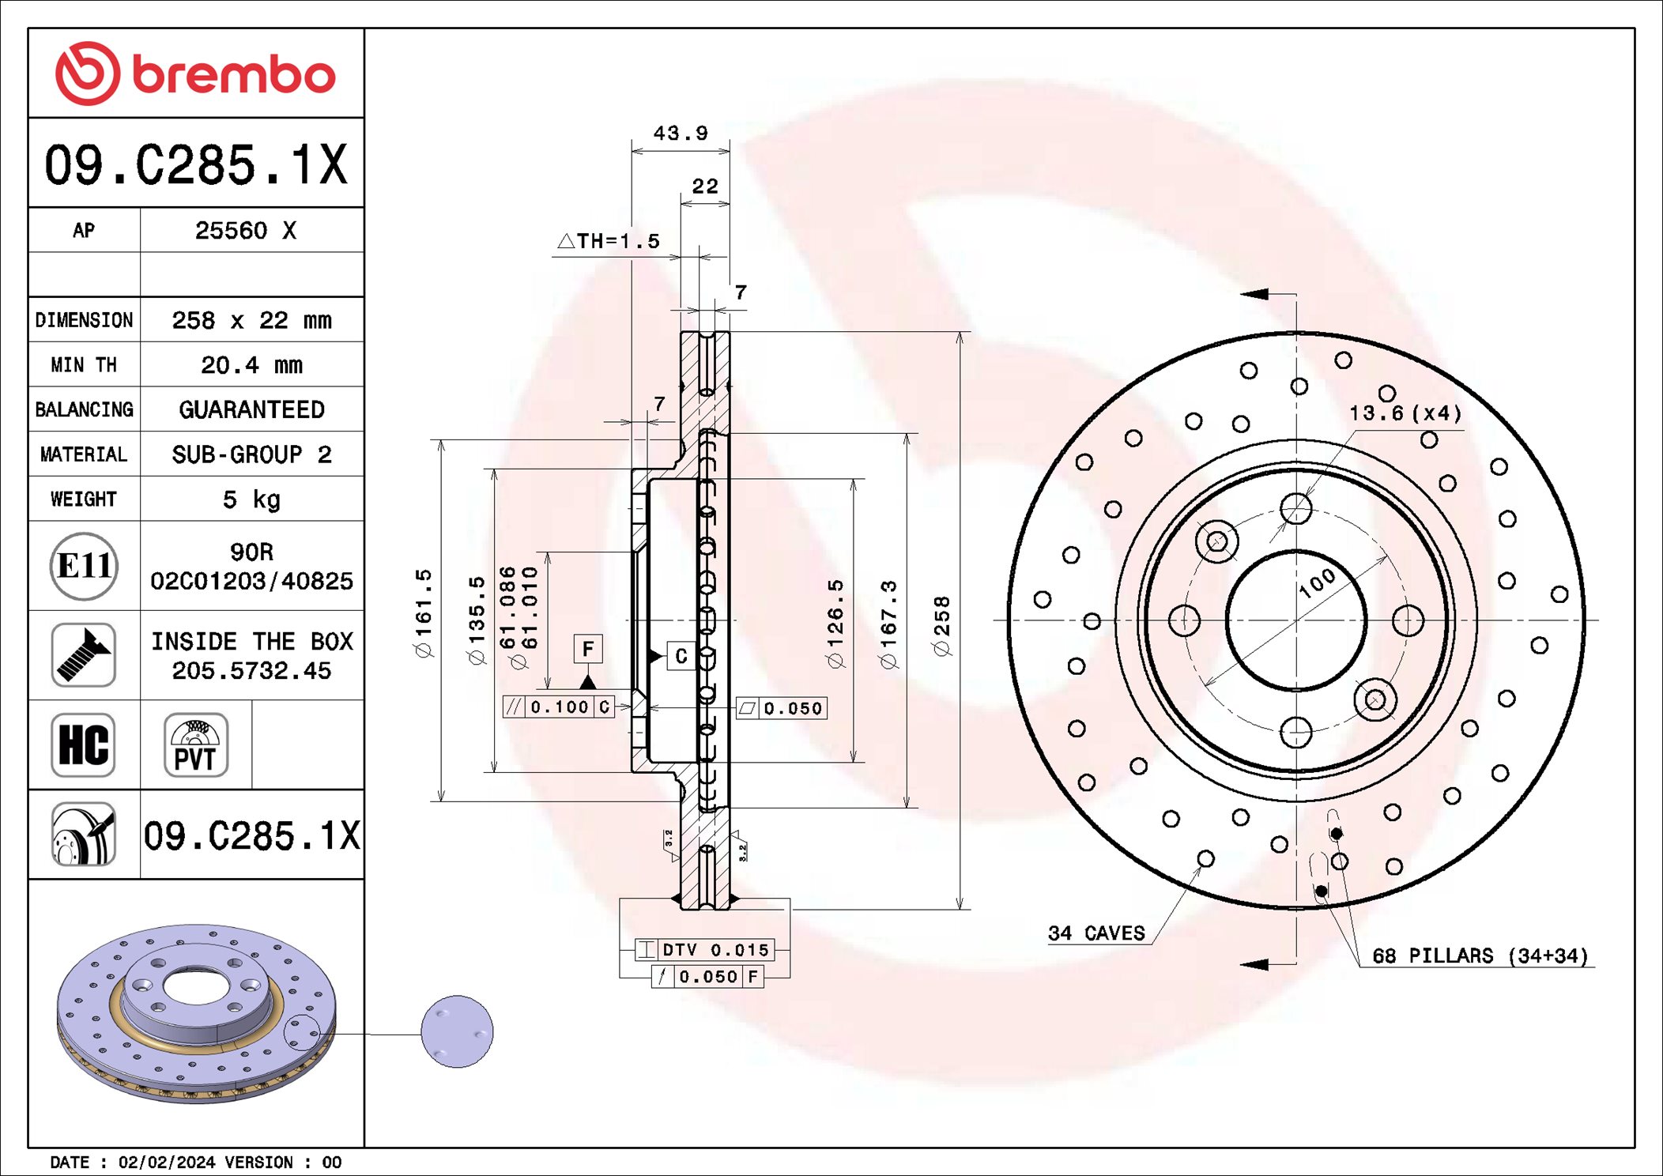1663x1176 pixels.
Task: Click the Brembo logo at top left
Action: click(x=195, y=73)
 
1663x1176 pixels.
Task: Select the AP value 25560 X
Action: click(x=245, y=231)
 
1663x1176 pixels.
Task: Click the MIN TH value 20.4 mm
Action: click(x=251, y=365)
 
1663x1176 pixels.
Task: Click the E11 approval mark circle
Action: click(x=84, y=566)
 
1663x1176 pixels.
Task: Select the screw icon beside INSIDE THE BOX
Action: click(x=84, y=655)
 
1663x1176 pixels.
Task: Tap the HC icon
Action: click(x=84, y=744)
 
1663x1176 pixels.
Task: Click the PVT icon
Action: click(x=195, y=744)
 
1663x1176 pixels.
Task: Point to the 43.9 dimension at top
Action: click(x=680, y=134)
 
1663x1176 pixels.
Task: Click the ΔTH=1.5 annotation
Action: click(x=609, y=241)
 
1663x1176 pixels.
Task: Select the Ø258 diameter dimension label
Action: click(x=941, y=626)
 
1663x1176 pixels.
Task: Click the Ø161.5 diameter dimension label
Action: click(x=424, y=612)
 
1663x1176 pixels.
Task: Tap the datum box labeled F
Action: click(x=588, y=650)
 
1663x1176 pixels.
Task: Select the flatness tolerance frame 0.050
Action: click(x=782, y=708)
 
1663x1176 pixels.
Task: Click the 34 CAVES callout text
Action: click(x=1096, y=933)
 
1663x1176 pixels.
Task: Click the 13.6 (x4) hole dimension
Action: click(x=1405, y=413)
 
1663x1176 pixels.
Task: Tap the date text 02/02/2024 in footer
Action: click(x=166, y=1163)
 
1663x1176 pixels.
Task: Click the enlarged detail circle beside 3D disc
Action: click(x=457, y=1031)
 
